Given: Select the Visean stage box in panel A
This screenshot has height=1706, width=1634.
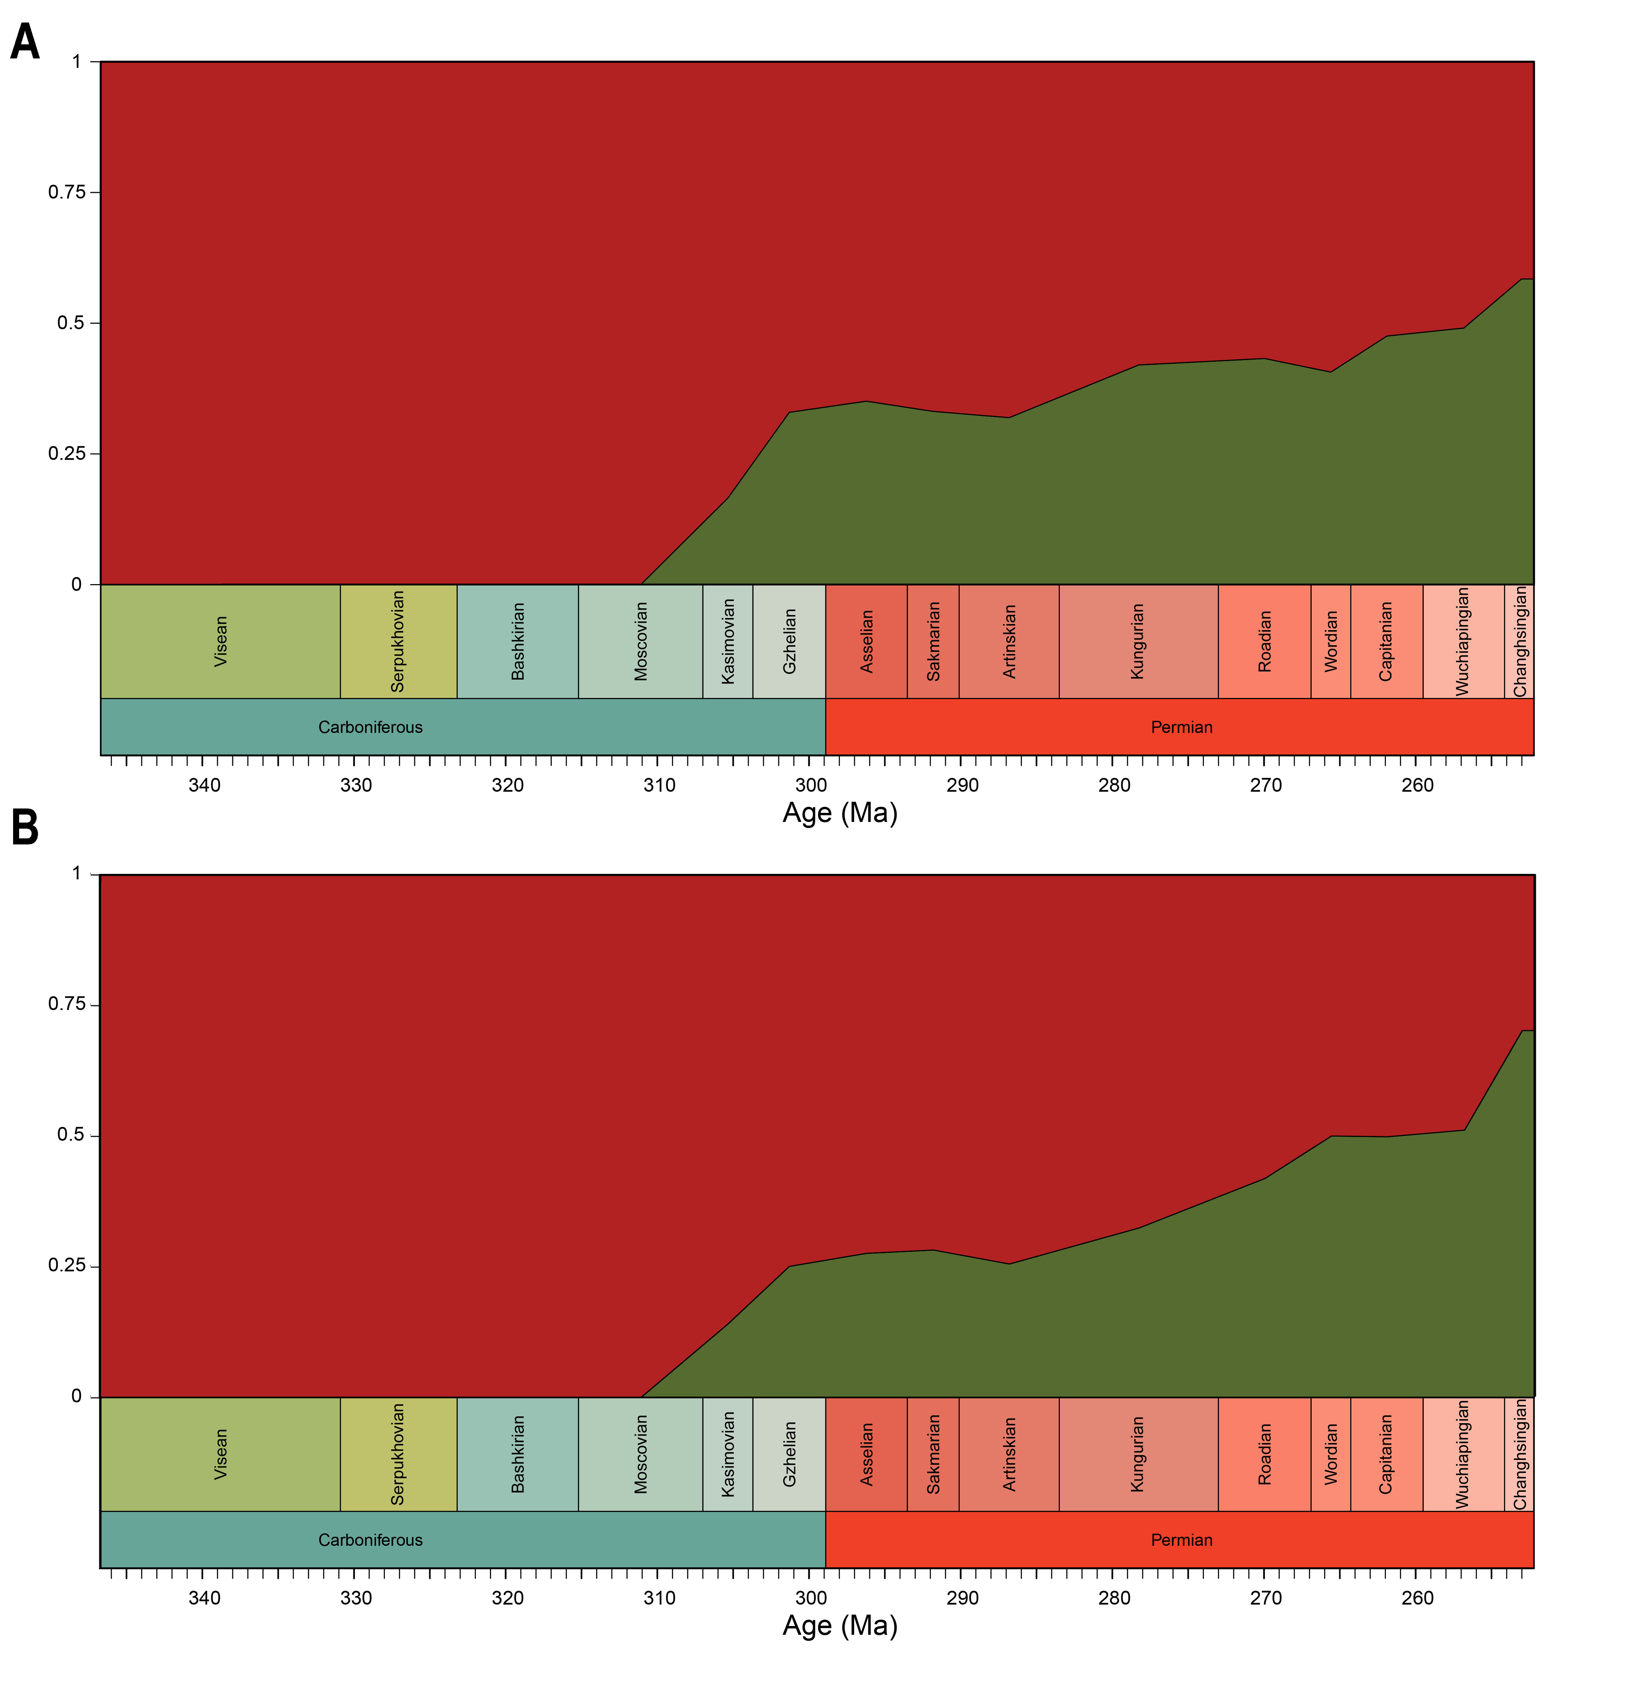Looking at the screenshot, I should [220, 641].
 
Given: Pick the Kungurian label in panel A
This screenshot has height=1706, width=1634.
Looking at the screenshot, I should [1137, 641].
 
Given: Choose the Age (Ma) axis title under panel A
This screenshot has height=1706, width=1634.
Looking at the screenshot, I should [840, 813].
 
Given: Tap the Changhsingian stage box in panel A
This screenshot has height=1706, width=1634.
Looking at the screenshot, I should [1519, 641].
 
